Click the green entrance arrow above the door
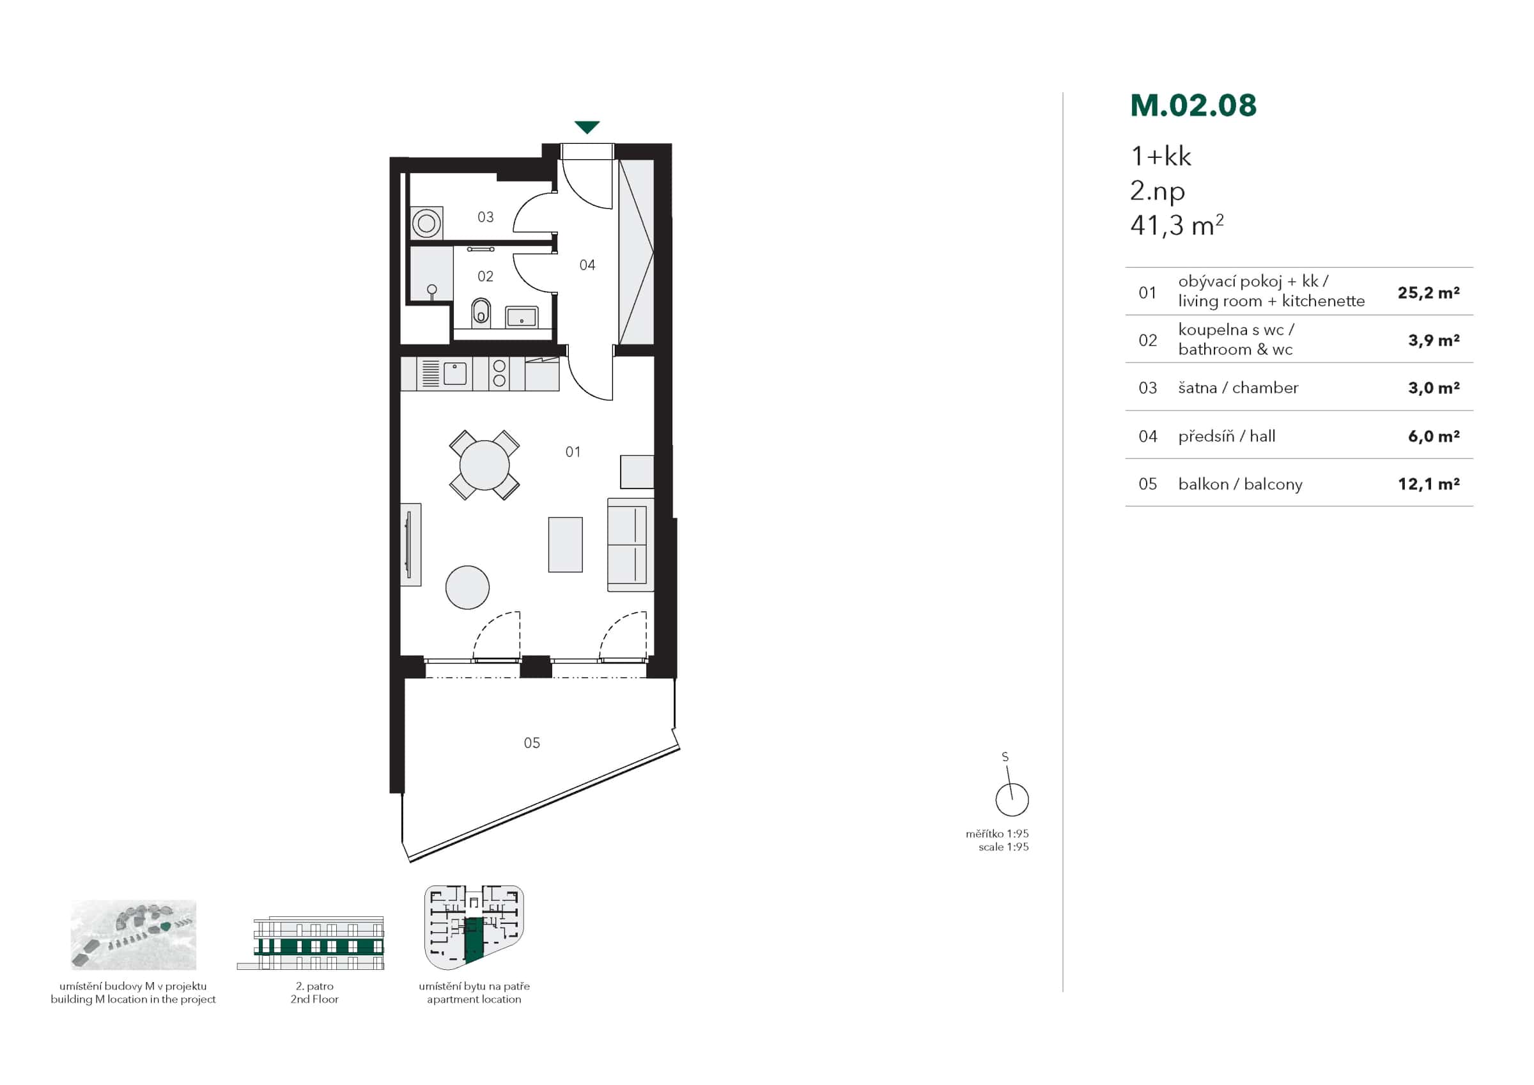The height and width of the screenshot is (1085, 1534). [587, 127]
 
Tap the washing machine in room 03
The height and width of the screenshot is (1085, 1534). [426, 222]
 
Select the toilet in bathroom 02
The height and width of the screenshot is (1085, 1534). [481, 311]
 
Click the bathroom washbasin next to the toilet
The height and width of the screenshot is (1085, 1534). [521, 316]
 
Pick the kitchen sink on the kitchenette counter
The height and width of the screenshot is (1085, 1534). [455, 373]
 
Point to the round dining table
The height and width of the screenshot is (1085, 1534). [484, 465]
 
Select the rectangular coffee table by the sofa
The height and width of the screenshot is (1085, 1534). [565, 544]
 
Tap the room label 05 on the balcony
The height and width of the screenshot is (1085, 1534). [532, 743]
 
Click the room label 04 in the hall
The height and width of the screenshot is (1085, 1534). [587, 265]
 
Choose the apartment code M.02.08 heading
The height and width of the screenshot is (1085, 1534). [1193, 105]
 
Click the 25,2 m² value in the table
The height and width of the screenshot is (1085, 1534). [1428, 293]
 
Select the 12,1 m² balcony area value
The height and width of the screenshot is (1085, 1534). [1428, 484]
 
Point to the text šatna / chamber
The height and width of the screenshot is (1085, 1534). [1237, 387]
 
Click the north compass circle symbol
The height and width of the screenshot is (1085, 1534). [1012, 800]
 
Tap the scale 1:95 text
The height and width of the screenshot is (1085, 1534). [1003, 847]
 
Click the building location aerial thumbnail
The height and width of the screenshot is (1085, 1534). [134, 935]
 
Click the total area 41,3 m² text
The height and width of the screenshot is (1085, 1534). [1177, 225]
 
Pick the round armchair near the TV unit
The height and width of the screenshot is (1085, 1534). [468, 587]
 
